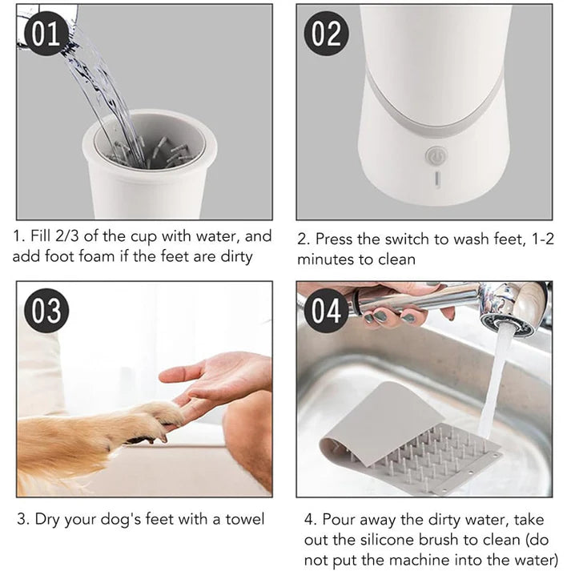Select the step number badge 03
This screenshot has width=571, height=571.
click(x=45, y=310)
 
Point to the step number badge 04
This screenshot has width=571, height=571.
click(x=325, y=310)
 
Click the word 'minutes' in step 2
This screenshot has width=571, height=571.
click(x=327, y=259)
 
